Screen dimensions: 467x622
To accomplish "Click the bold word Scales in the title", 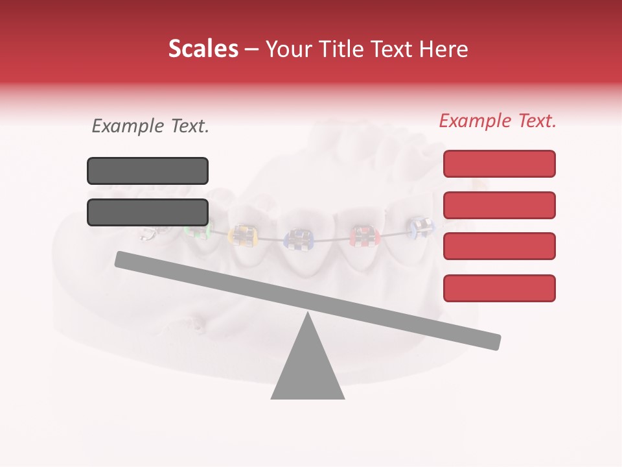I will (x=203, y=49).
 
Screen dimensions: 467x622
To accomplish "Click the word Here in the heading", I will (x=443, y=49).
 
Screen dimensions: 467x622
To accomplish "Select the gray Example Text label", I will (x=150, y=126).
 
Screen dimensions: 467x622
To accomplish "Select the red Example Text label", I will (x=498, y=121).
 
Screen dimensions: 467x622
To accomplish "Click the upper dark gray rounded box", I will (x=148, y=171).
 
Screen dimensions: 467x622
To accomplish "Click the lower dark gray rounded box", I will (x=148, y=212).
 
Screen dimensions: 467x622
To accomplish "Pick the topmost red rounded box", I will (x=499, y=163).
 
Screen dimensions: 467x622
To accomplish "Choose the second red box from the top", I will (x=499, y=205).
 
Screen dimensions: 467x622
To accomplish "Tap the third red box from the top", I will (x=499, y=246).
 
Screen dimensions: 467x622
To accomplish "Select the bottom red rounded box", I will (x=499, y=288).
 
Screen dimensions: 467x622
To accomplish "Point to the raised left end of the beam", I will (x=123, y=259).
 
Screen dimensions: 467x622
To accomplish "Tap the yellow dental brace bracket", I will (x=243, y=235).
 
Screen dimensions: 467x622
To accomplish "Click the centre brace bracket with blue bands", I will (x=299, y=239).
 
